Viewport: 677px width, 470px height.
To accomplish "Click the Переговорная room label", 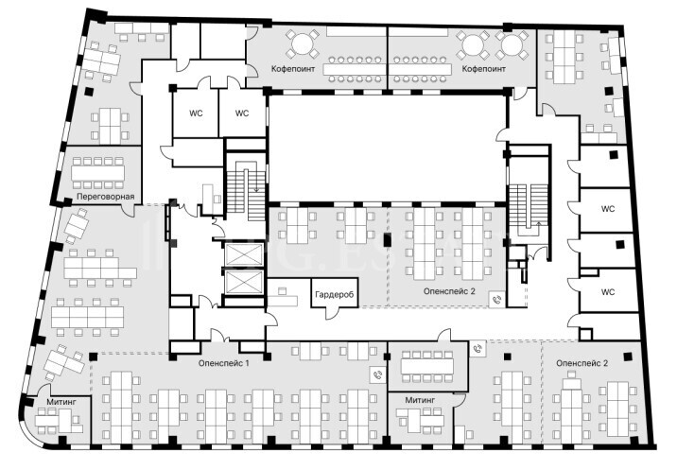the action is (105, 197).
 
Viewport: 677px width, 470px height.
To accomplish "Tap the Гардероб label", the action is (334, 295).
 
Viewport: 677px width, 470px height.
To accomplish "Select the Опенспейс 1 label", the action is (224, 363).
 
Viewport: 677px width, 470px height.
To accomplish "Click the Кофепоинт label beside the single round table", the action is (293, 69).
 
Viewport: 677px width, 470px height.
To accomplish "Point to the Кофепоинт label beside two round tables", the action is (483, 69).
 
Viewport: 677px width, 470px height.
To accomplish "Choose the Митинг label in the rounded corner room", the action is (61, 402).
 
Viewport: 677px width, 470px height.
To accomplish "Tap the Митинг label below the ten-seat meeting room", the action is (420, 400).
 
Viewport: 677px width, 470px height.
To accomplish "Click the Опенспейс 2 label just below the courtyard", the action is (449, 291).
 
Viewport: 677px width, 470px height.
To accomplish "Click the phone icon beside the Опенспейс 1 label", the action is (378, 375).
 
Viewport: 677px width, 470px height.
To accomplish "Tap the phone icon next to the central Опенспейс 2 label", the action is (497, 300).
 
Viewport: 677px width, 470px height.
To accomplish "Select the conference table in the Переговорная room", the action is (98, 173).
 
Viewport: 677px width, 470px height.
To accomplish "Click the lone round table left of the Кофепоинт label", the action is (303, 44).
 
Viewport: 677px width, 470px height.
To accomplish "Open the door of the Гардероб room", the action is (333, 313).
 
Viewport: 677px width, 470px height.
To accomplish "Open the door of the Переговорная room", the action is (129, 210).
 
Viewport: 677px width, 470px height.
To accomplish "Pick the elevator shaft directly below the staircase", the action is (244, 254).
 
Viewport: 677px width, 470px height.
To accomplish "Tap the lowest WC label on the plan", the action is (607, 292).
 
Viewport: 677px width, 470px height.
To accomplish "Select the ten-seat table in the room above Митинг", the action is (427, 367).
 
